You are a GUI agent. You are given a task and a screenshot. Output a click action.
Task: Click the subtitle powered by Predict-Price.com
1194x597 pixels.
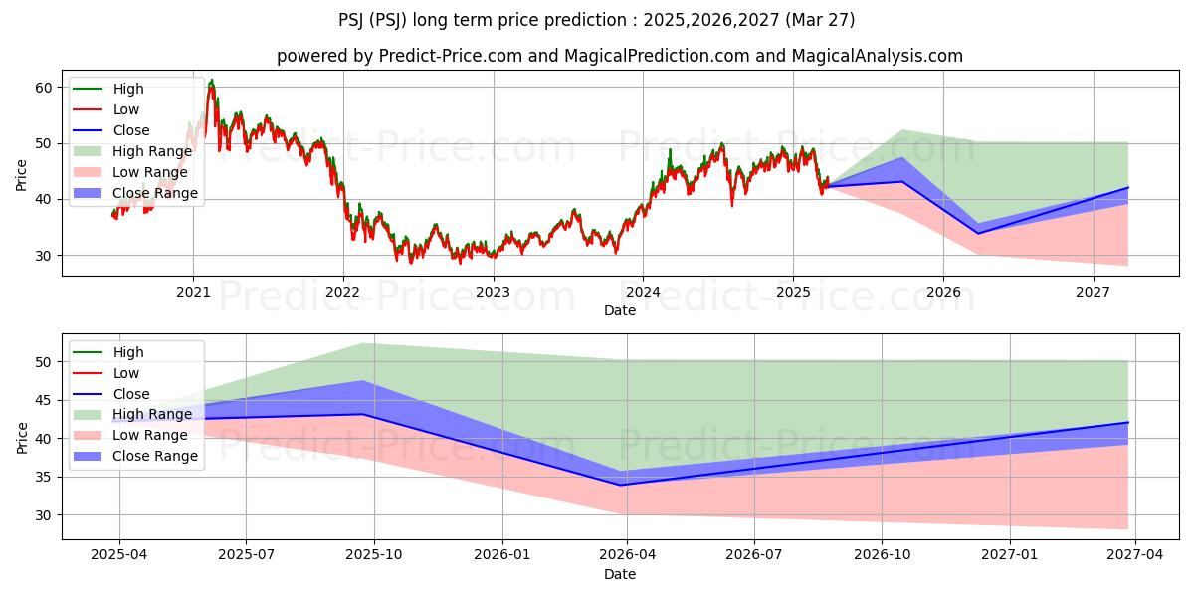620,56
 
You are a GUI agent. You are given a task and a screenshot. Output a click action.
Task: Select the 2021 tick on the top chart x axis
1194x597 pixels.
193,292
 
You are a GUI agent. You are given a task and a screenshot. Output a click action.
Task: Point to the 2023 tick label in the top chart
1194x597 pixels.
493,292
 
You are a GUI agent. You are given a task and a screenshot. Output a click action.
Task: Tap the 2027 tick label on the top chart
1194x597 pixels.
1094,292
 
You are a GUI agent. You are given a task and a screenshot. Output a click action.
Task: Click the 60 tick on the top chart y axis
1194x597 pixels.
44,88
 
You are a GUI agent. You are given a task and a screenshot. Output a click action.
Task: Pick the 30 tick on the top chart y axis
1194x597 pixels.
44,256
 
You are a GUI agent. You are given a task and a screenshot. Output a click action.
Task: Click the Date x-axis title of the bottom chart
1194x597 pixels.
620,574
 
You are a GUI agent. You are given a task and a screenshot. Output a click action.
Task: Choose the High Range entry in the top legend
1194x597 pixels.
151,151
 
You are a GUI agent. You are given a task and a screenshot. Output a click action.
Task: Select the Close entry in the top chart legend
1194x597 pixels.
131,130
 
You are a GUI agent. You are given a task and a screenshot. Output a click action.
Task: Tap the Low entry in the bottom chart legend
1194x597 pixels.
126,373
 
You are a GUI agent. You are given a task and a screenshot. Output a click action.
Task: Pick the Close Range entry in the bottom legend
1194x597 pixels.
155,456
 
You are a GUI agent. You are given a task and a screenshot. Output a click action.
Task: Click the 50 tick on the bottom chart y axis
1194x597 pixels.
44,362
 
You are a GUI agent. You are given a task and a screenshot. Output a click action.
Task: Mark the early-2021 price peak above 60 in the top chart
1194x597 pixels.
211,81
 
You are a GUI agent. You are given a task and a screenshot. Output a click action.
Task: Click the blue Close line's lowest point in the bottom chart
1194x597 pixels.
621,485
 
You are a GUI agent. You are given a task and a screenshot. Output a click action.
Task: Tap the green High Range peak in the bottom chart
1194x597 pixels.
362,343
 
